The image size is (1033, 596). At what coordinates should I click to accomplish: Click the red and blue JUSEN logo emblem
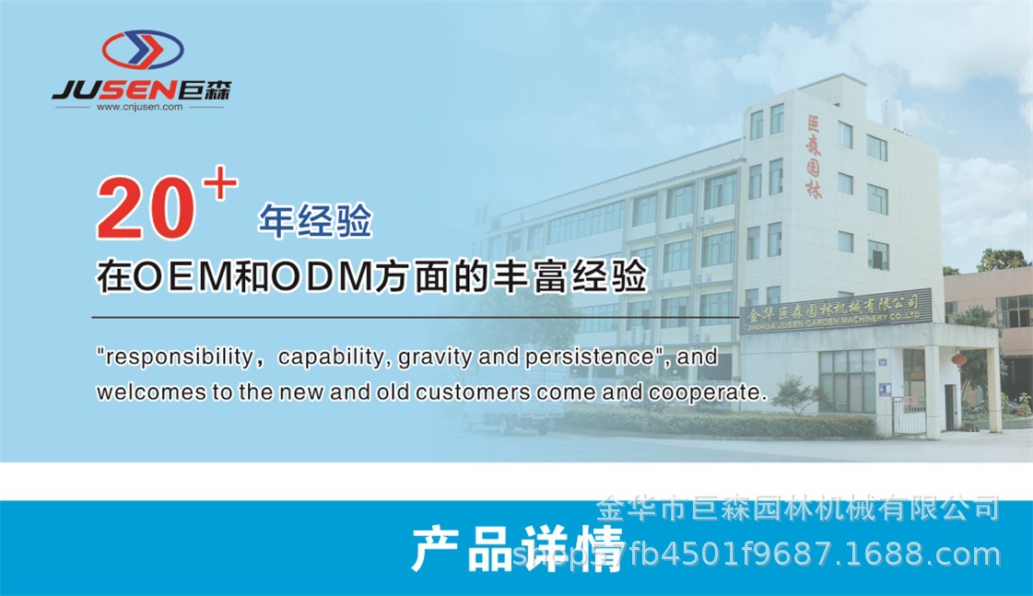[142, 50]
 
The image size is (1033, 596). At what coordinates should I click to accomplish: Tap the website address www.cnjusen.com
[139, 107]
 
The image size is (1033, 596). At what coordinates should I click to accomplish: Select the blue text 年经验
[314, 221]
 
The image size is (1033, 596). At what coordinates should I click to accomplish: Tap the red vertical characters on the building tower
[814, 158]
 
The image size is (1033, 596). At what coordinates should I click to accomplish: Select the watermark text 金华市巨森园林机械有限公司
[798, 508]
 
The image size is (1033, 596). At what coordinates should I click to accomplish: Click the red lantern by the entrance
[959, 359]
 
